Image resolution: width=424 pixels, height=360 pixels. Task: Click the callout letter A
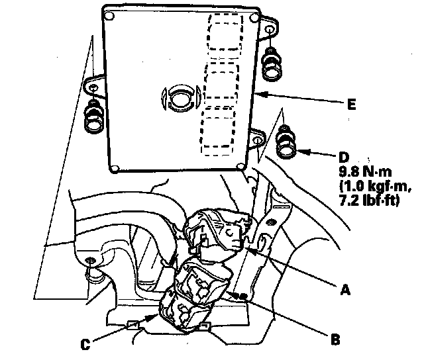(344, 289)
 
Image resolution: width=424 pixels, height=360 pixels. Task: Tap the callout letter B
(335, 339)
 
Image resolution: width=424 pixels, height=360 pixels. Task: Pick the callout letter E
(350, 105)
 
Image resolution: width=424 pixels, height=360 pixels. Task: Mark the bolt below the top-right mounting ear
(270, 63)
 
